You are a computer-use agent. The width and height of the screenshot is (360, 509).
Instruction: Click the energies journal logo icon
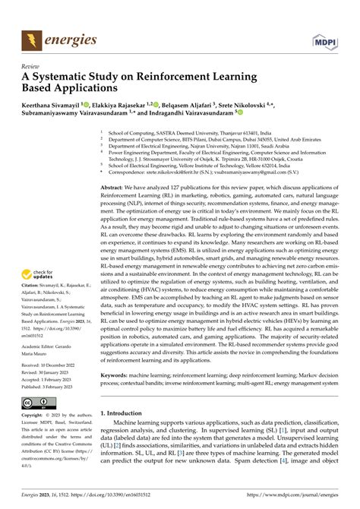[32, 38]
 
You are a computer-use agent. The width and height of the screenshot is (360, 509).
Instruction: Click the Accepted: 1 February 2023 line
[53, 381]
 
